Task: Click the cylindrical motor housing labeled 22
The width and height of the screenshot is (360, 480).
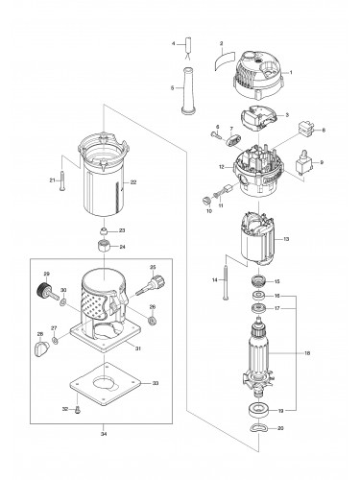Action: pos(106,187)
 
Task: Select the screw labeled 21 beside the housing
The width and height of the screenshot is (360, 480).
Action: pos(60,179)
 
